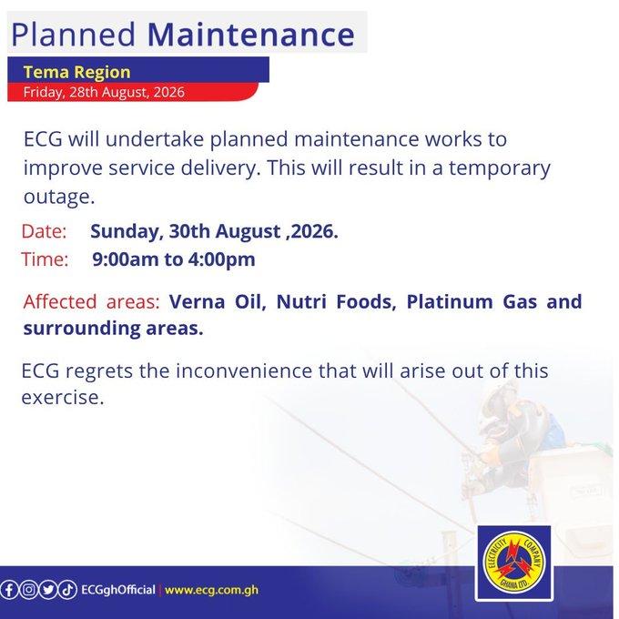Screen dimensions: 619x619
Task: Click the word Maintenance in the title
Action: (x=251, y=35)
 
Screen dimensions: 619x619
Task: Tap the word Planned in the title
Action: (x=74, y=35)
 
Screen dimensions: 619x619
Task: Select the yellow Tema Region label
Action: (x=77, y=72)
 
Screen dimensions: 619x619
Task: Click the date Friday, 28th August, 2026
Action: (x=104, y=92)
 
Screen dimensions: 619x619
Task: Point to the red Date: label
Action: (x=44, y=231)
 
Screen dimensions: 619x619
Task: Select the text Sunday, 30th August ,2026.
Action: (x=214, y=231)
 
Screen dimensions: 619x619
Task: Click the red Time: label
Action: (x=45, y=259)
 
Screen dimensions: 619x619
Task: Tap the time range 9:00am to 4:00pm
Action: (x=174, y=259)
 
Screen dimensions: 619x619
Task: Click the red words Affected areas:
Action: (x=91, y=301)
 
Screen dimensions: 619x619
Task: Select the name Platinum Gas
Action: (x=472, y=302)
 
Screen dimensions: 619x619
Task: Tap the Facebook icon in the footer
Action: (x=9, y=590)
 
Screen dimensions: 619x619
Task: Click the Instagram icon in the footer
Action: (x=28, y=590)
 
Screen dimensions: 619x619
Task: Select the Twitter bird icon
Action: (x=48, y=590)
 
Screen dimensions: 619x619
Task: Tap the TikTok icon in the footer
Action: (x=67, y=590)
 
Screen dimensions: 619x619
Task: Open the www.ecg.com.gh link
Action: (x=211, y=590)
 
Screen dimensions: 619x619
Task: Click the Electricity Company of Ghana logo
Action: (x=514, y=561)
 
